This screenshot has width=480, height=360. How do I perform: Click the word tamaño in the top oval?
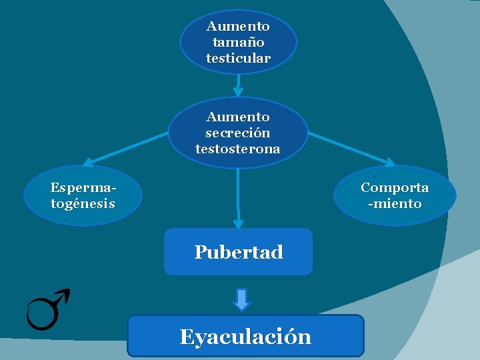point(238,42)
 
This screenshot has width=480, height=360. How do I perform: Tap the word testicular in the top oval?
point(238,58)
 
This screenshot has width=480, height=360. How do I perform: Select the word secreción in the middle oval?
point(238,133)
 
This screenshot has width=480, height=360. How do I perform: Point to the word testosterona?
point(238,149)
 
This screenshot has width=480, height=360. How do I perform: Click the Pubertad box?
point(238,252)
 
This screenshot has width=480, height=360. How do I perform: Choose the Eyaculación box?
point(245,336)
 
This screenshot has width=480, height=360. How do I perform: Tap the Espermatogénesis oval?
point(83,195)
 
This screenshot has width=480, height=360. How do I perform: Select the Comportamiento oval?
point(395,195)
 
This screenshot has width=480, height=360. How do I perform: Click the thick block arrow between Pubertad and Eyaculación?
point(242,299)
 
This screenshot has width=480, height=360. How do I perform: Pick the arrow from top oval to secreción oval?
point(238,85)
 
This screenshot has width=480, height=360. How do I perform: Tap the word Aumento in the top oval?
point(238,27)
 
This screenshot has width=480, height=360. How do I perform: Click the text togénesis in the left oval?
point(83,203)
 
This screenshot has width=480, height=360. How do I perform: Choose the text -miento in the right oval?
point(395,203)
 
